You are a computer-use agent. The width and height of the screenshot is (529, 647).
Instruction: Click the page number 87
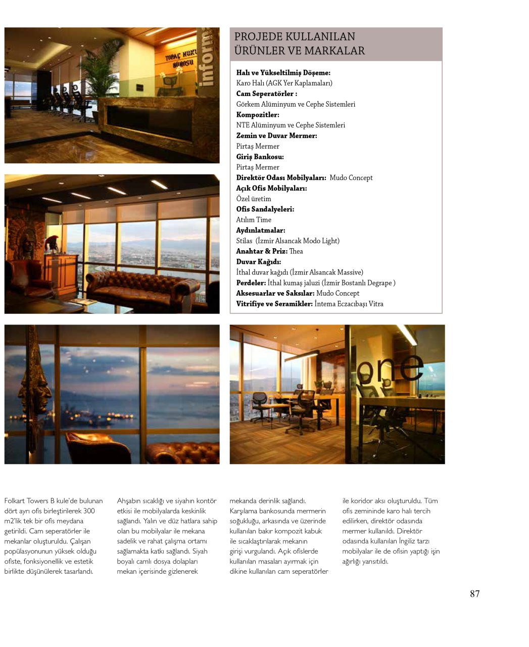pyautogui.click(x=474, y=593)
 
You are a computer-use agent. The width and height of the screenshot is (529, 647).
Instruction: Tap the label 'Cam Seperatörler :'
pyautogui.click(x=266, y=94)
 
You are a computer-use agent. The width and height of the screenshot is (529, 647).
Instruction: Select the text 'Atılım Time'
pyautogui.click(x=254, y=220)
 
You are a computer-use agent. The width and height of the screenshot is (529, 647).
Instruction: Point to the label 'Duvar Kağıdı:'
pyautogui.click(x=259, y=262)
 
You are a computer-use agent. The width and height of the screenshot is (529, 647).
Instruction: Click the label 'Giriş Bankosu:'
pyautogui.click(x=260, y=157)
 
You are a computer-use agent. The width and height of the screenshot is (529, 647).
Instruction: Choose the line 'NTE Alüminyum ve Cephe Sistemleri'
pyautogui.click(x=291, y=125)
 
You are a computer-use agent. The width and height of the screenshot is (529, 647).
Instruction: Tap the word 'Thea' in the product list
pyautogui.click(x=296, y=251)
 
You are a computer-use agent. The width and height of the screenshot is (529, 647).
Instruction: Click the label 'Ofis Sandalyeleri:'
pyautogui.click(x=265, y=209)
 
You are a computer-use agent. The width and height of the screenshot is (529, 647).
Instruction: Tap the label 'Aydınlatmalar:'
pyautogui.click(x=260, y=230)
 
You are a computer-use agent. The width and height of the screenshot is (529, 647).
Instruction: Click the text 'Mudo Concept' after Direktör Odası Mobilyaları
pyautogui.click(x=351, y=178)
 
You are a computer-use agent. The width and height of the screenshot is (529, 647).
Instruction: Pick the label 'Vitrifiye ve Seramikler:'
pyautogui.click(x=274, y=304)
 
